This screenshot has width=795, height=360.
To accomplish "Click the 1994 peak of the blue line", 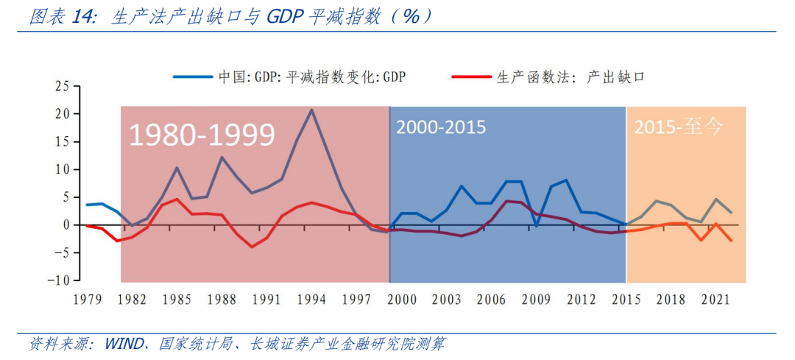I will coord(311,110).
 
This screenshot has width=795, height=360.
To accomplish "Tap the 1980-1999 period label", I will coord(202,135).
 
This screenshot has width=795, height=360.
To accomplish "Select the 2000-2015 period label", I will coord(441,127).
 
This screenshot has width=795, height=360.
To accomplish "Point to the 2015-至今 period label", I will coord(679,127).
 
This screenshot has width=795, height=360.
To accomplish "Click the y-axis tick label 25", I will coord(62,86).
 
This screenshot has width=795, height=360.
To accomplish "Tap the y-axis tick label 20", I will coord(62,114).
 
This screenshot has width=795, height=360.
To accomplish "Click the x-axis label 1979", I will coord(86,300).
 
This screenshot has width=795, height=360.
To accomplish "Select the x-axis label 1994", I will coord(312,300).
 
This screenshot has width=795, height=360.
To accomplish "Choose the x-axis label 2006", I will coord(491,300).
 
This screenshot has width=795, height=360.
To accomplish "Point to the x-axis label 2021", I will coord(715,300).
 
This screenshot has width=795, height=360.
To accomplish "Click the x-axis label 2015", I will coord(626,300).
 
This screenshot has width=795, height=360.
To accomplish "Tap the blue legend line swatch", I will coord(193,76).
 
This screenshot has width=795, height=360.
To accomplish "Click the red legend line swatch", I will coord(472,76).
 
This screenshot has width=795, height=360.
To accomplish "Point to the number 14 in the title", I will coord(83,17).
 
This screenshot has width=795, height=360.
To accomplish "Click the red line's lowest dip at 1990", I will coord(252,247).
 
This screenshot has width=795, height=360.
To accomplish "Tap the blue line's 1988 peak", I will coord(222,157).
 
